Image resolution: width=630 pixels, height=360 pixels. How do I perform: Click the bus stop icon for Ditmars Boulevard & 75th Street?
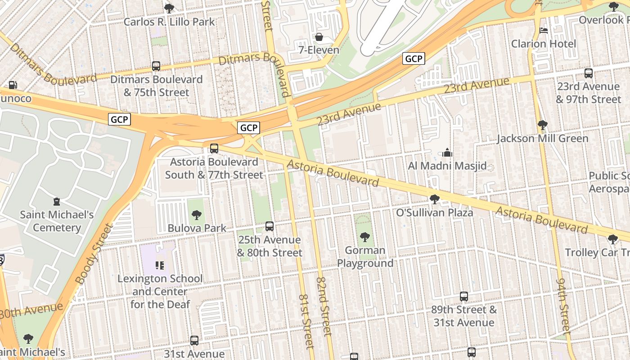pyautogui.click(x=156, y=66)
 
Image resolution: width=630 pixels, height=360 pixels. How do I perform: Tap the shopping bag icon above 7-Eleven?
pyautogui.click(x=319, y=37)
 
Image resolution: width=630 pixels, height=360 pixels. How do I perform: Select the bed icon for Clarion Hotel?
pyautogui.click(x=544, y=31)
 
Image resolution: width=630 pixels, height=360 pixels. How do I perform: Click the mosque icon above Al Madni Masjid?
pyautogui.click(x=447, y=153)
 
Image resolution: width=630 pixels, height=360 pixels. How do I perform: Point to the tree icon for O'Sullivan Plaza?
pyautogui.click(x=434, y=199)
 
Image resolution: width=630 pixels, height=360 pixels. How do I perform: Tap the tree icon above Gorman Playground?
pyautogui.click(x=365, y=237)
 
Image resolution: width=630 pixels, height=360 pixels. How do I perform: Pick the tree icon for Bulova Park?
pyautogui.click(x=197, y=215)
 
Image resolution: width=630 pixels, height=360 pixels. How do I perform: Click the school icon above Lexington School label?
pyautogui.click(x=160, y=265)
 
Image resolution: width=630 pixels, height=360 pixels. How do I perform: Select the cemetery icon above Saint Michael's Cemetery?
pyautogui.click(x=56, y=202)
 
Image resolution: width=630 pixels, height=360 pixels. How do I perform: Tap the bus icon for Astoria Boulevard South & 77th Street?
pyautogui.click(x=214, y=148)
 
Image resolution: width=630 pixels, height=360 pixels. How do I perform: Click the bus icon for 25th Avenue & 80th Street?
pyautogui.click(x=270, y=226)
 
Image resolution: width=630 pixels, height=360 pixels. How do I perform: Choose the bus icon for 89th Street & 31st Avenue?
pyautogui.click(x=464, y=297)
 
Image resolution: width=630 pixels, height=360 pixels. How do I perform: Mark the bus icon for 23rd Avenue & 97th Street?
pyautogui.click(x=588, y=73)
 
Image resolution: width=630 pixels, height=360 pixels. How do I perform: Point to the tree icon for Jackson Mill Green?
pyautogui.click(x=542, y=125)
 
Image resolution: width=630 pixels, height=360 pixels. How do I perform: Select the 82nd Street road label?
pyautogui.click(x=324, y=306)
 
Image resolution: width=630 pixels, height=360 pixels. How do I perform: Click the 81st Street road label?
pyautogui.click(x=306, y=321)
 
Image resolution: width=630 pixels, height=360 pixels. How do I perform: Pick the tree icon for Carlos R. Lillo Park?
pyautogui.click(x=169, y=8)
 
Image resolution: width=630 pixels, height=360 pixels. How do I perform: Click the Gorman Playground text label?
pyautogui.click(x=365, y=256)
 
